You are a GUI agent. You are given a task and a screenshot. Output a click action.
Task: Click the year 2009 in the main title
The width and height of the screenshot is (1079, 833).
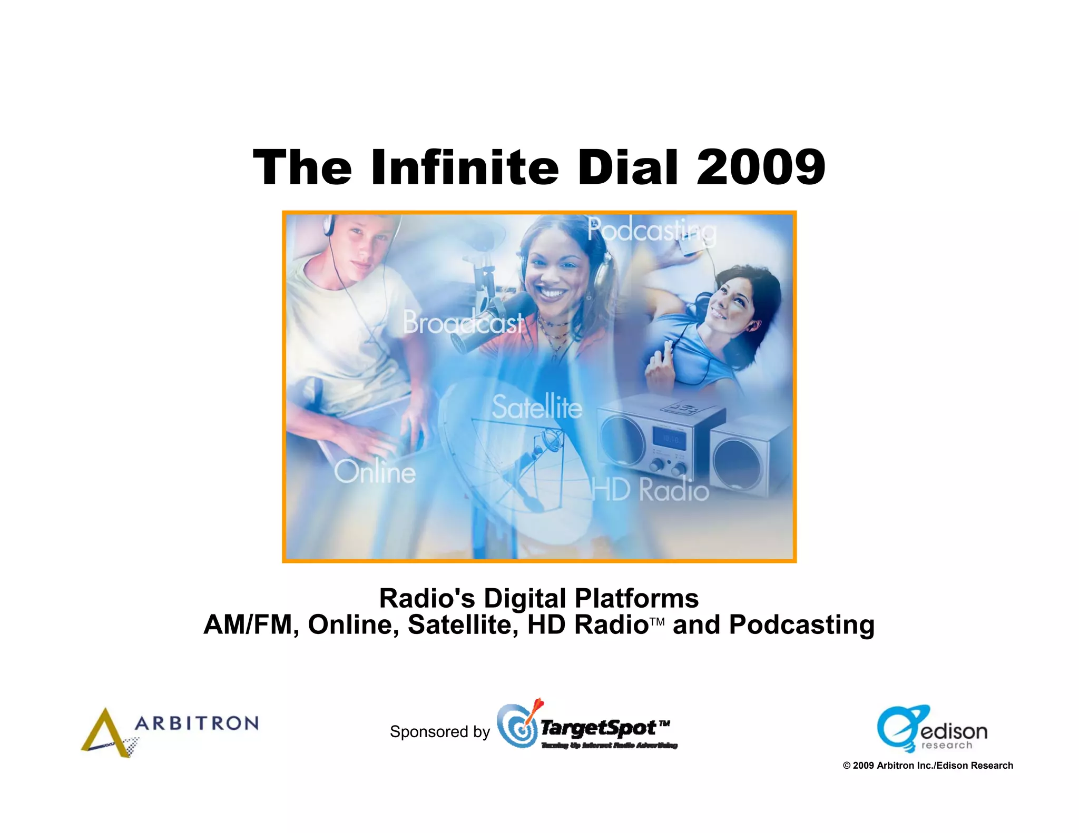[760, 168]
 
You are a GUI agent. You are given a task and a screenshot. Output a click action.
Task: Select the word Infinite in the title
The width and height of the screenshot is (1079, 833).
[465, 168]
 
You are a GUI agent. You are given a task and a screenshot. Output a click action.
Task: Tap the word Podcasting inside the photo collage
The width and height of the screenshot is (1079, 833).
[652, 230]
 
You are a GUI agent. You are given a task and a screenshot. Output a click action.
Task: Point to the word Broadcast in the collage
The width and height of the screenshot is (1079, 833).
[463, 322]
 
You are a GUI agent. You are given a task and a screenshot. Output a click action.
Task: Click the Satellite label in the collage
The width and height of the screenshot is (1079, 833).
[537, 407]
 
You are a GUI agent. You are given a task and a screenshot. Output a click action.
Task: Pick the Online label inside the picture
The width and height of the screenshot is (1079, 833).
[375, 472]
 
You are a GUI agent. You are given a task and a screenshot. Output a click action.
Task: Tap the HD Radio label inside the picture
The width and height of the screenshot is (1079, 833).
[650, 490]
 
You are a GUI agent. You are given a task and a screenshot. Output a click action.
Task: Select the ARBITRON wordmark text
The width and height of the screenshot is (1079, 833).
[197, 723]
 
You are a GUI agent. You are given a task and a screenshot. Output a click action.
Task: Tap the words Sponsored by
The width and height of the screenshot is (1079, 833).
[440, 732]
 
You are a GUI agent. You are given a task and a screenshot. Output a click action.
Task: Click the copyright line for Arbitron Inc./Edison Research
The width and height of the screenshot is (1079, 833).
[928, 766]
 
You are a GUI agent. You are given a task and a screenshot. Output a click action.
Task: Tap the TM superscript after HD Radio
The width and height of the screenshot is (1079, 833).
[657, 622]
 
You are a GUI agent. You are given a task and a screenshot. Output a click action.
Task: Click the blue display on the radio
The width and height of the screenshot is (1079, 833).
[669, 438]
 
